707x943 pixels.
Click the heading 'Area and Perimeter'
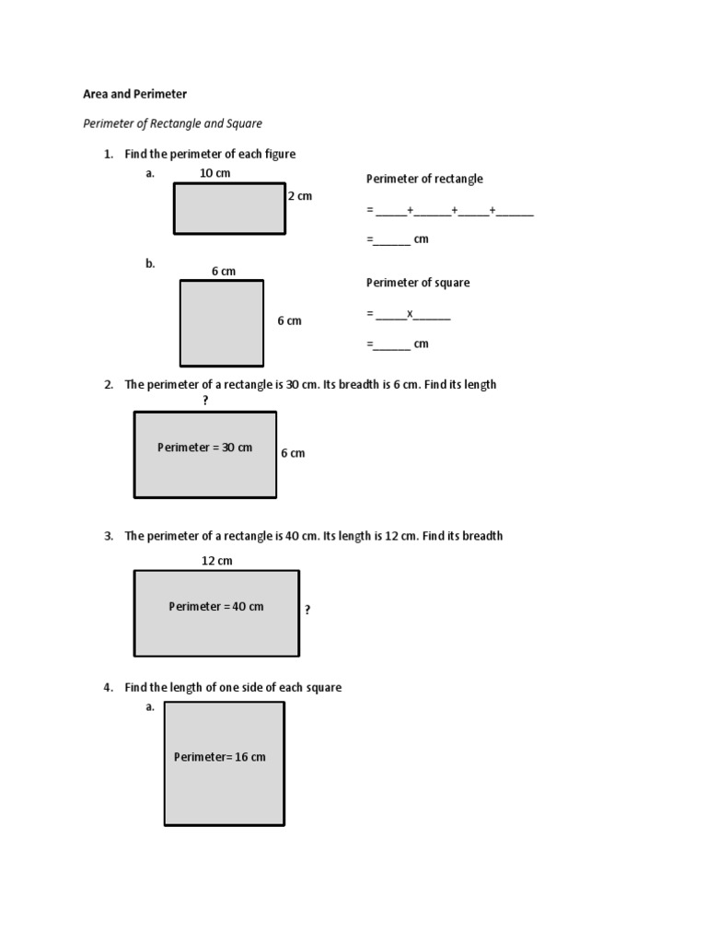pyautogui.click(x=134, y=94)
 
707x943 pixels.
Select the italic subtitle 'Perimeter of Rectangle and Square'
pyautogui.click(x=173, y=123)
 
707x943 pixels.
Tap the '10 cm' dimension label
pyautogui.click(x=214, y=173)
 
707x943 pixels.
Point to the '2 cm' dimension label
pyautogui.click(x=300, y=196)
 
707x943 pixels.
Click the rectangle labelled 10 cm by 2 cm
pyautogui.click(x=229, y=209)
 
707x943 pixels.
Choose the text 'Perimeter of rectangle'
pyautogui.click(x=424, y=179)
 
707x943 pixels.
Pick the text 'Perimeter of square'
pyautogui.click(x=418, y=283)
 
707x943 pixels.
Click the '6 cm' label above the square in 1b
pyautogui.click(x=224, y=271)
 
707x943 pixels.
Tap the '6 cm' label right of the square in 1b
pyautogui.click(x=289, y=321)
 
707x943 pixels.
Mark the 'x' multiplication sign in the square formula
pyautogui.click(x=411, y=313)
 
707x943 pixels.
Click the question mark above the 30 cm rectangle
pyautogui.click(x=205, y=401)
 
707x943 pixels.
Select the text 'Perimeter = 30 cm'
pyautogui.click(x=204, y=448)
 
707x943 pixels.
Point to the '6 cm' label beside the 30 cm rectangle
pyautogui.click(x=293, y=453)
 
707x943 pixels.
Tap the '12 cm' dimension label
pyautogui.click(x=217, y=561)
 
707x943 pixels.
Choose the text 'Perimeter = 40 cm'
pyautogui.click(x=215, y=607)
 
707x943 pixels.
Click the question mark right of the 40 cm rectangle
pyautogui.click(x=307, y=610)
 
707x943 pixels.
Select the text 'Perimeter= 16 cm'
pyautogui.click(x=220, y=757)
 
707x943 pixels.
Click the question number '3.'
pyautogui.click(x=108, y=536)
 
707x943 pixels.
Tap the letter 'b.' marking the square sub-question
pyautogui.click(x=150, y=263)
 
